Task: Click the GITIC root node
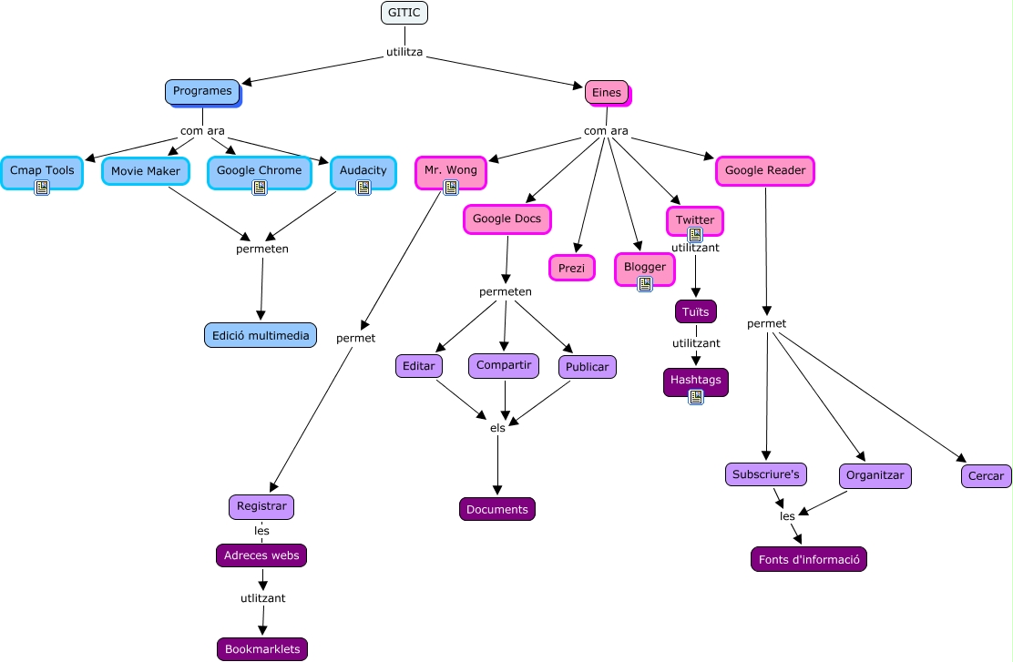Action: click(404, 13)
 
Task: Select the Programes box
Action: click(202, 91)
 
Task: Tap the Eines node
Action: click(607, 92)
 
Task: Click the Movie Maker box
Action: click(146, 171)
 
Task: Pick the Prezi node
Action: click(572, 268)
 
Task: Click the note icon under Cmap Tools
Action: click(42, 188)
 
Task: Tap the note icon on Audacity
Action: click(363, 188)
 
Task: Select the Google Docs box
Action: click(506, 219)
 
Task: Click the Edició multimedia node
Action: click(261, 335)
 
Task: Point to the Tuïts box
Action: click(696, 311)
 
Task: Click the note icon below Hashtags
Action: click(696, 396)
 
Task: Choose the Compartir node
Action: click(504, 365)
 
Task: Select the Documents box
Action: click(497, 509)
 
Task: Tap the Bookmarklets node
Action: click(262, 649)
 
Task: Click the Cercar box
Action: click(987, 475)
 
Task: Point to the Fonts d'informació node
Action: click(809, 559)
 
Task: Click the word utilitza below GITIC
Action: click(404, 53)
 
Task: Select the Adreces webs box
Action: click(261, 555)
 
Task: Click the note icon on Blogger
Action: click(645, 284)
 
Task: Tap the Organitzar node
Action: click(875, 475)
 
